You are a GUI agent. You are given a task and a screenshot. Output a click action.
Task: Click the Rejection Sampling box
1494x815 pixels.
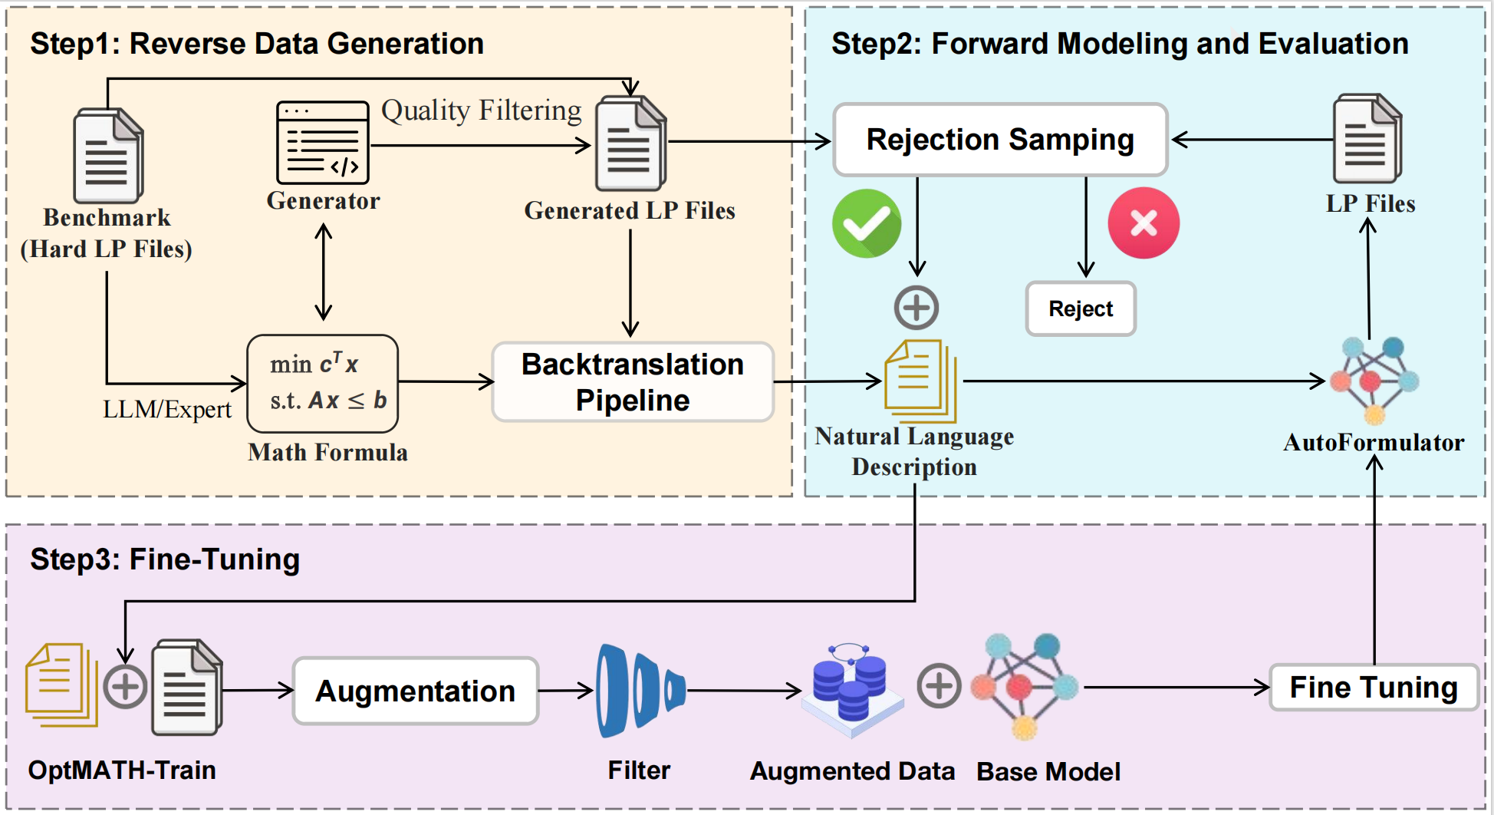pos(999,140)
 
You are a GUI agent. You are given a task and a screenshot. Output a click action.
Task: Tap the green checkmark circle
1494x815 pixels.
pos(867,223)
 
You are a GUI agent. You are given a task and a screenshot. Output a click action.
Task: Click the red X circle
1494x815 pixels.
pos(1143,223)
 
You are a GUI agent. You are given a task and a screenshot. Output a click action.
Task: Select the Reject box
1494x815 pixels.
pos(1080,309)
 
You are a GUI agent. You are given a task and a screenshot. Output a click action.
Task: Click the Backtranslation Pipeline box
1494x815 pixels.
pos(632,382)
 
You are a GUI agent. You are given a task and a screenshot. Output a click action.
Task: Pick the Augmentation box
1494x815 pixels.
pos(415,691)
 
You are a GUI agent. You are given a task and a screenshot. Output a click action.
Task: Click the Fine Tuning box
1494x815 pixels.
pos(1373,688)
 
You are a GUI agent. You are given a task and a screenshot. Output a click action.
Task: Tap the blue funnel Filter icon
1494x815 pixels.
pos(638,691)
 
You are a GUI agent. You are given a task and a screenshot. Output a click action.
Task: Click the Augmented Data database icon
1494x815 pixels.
pos(850,689)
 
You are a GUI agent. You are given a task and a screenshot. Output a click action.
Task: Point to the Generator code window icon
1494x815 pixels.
pos(323,143)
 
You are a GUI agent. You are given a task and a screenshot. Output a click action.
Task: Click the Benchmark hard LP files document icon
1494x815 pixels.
pos(107,157)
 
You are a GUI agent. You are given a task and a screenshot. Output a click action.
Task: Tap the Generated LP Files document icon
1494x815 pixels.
pos(630,144)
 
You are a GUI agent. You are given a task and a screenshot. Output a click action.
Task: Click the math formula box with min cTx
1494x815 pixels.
pos(322,383)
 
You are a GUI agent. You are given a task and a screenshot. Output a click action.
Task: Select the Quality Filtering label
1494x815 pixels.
pos(481,111)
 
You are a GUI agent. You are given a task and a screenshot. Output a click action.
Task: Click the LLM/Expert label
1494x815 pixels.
pos(166,409)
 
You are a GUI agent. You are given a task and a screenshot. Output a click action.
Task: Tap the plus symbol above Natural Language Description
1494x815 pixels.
pos(916,308)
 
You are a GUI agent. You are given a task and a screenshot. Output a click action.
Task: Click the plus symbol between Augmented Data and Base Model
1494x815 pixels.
pos(939,685)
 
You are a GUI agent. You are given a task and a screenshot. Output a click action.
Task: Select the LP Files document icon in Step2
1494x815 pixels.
pos(1367,140)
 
